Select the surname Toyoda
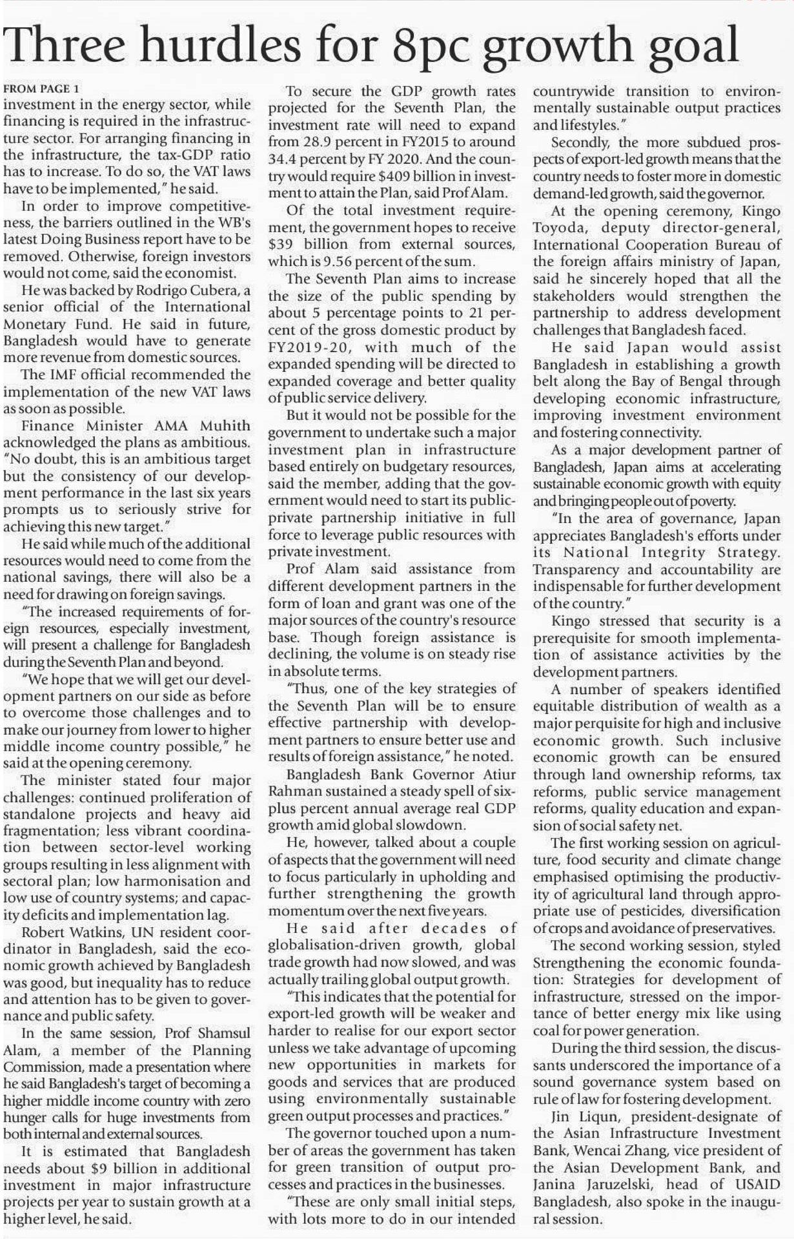coord(560,228)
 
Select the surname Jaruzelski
coord(620,1184)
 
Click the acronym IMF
coord(65,375)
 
